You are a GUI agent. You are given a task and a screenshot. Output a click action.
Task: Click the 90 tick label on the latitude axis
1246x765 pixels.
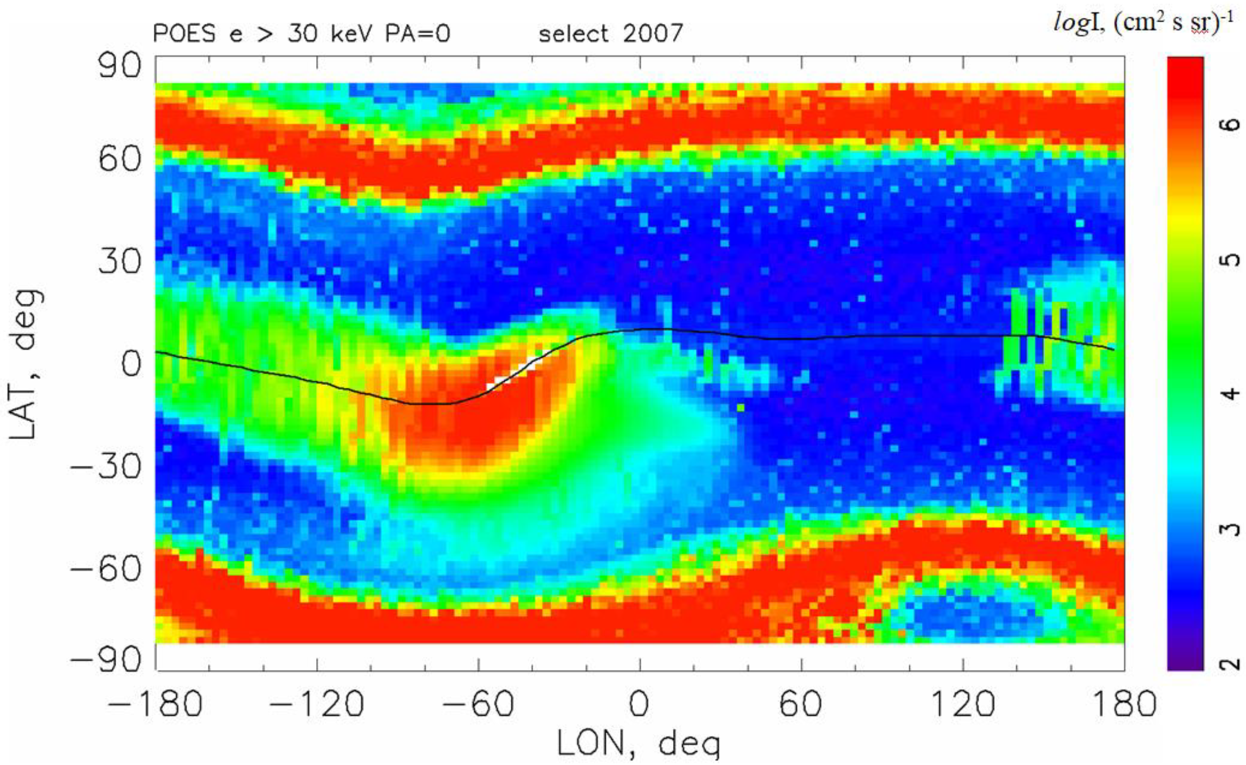click(x=120, y=66)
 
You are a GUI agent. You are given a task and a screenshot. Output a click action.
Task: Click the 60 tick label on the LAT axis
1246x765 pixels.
click(x=120, y=158)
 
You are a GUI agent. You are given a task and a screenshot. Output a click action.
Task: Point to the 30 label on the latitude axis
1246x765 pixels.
click(x=120, y=261)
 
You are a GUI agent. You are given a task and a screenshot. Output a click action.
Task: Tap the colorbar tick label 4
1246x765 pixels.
click(x=1232, y=393)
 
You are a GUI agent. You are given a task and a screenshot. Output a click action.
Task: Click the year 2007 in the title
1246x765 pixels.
click(x=653, y=34)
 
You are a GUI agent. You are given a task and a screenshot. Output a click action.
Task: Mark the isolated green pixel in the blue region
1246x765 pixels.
click(x=740, y=407)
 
